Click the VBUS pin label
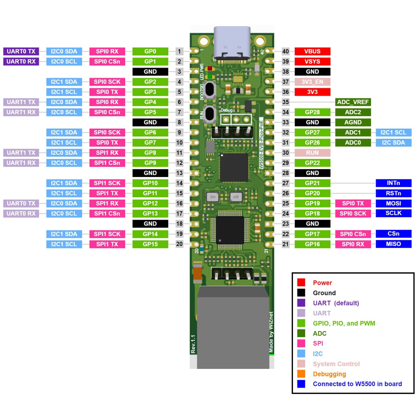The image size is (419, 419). click(x=312, y=51)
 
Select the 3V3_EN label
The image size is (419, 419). click(x=312, y=82)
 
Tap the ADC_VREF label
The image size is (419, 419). click(x=353, y=102)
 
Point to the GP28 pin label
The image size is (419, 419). click(x=312, y=112)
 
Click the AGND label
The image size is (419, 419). click(x=353, y=122)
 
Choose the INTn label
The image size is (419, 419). click(x=393, y=183)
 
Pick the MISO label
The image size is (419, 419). click(x=393, y=244)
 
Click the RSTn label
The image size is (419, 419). click(x=393, y=193)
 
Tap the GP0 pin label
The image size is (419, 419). click(x=150, y=51)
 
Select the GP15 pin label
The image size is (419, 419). click(x=150, y=244)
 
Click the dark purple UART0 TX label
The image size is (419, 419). click(x=21, y=51)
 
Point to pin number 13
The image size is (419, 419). click(x=179, y=173)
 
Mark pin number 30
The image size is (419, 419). click(x=285, y=153)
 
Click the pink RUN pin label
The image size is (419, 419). click(x=312, y=153)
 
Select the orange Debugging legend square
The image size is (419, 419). click(x=301, y=374)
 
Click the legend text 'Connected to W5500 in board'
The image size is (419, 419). click(x=357, y=384)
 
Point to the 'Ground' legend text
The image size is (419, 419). click(x=324, y=293)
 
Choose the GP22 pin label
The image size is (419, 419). click(x=312, y=163)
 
